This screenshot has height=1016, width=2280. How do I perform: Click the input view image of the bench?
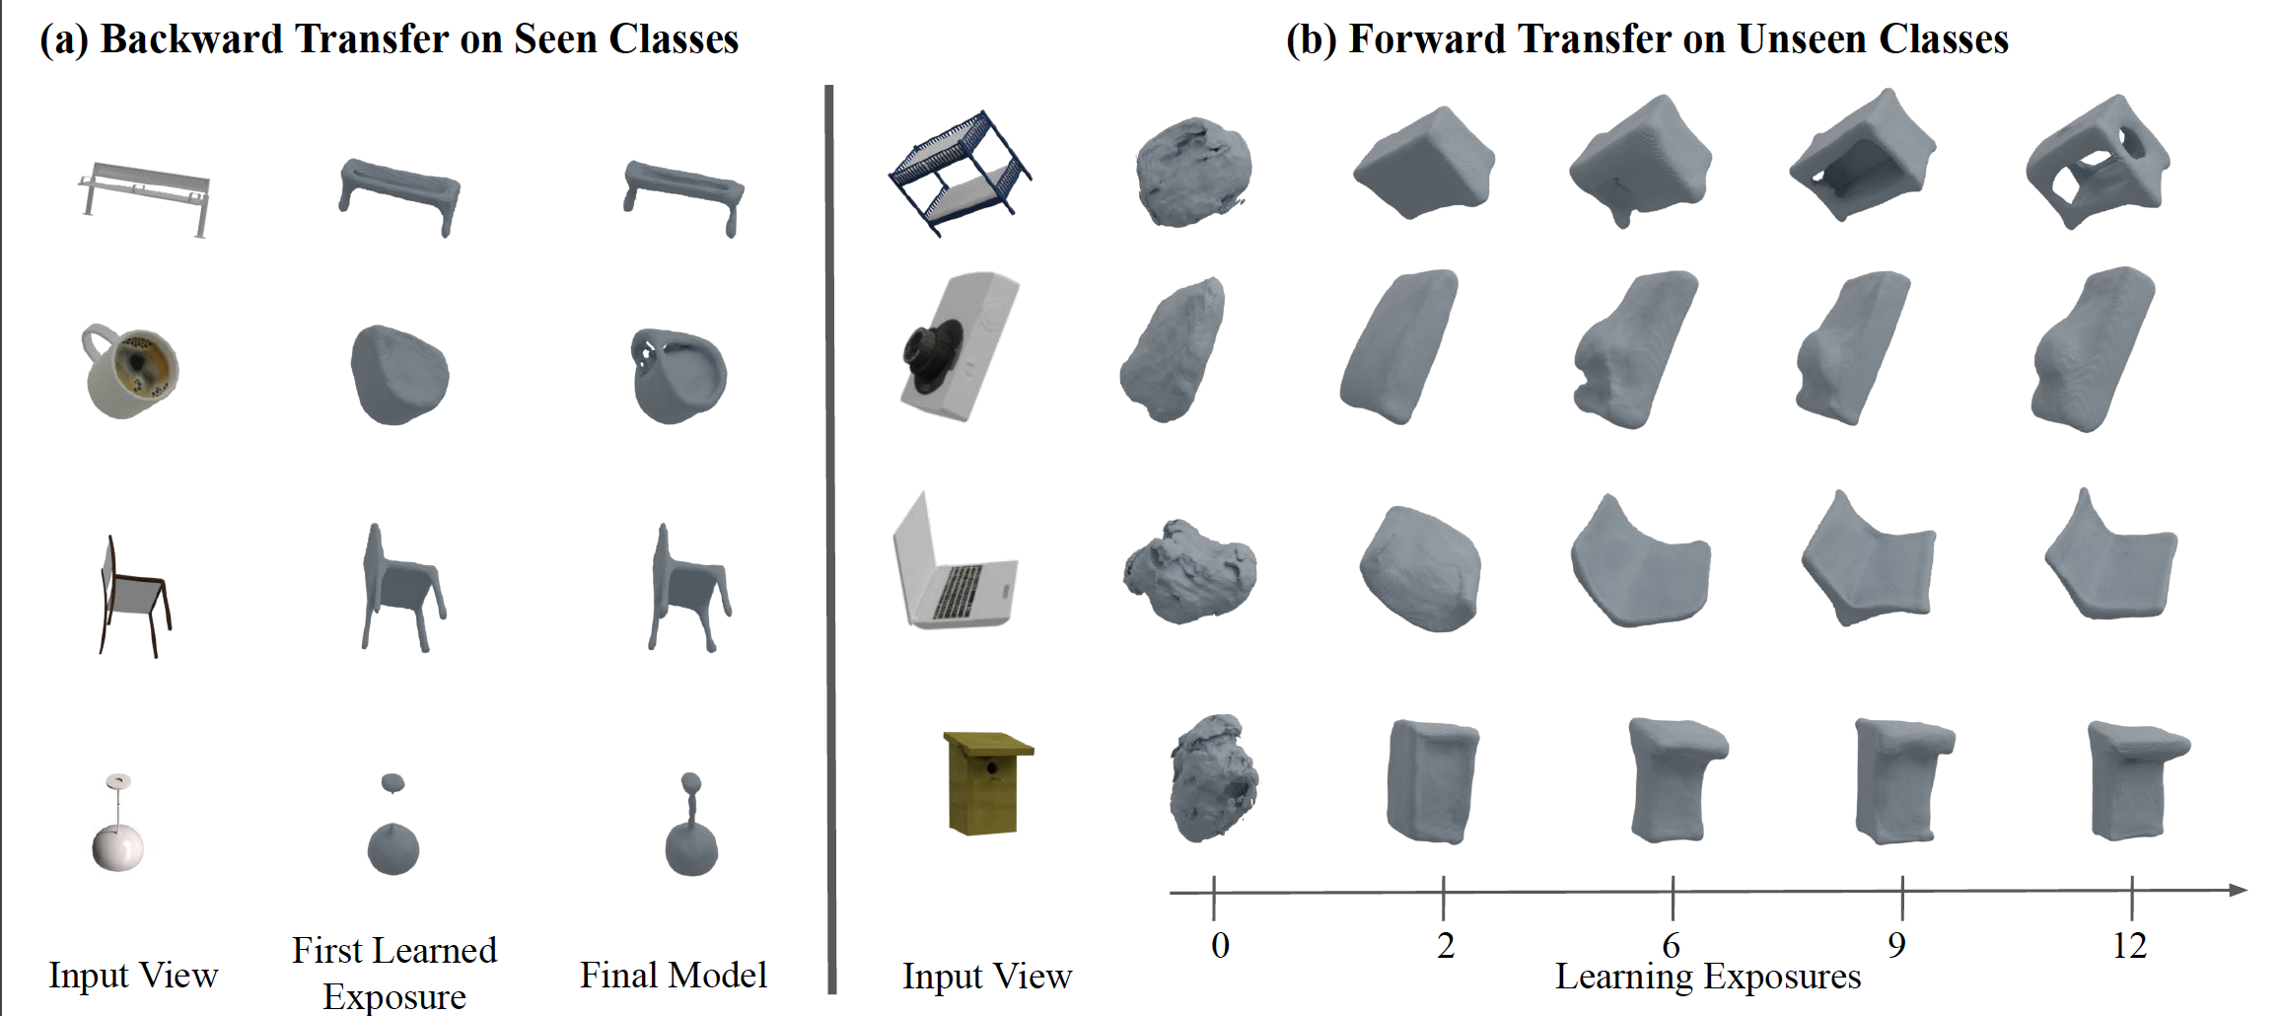pos(145,197)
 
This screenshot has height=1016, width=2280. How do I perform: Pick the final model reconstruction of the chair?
pos(687,590)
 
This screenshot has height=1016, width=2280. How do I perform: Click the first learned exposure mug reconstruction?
pos(398,375)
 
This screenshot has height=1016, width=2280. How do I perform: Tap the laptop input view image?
pos(951,564)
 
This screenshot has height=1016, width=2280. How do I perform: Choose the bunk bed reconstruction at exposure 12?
pos(2097,163)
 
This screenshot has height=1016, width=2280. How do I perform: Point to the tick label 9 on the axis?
pos(1896,945)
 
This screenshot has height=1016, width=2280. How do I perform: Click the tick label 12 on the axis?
pos(2129,945)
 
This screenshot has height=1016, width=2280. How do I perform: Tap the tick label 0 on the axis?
pos(1220,945)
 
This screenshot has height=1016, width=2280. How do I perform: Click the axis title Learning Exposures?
pos(1707,977)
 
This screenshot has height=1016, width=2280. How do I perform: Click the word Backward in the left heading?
pos(191,39)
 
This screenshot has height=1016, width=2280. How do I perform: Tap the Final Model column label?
pos(673,975)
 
